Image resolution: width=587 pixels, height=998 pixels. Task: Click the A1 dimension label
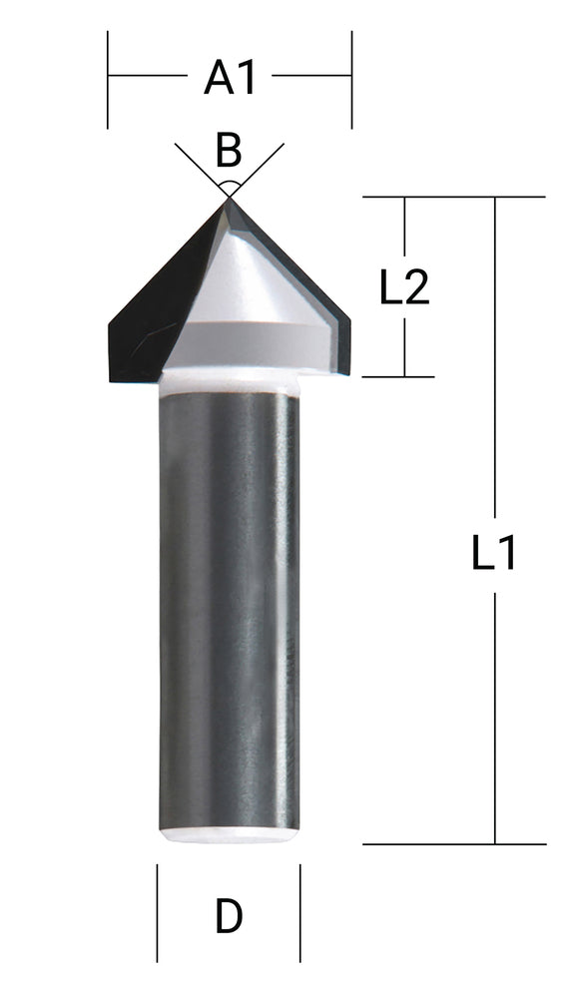click(230, 77)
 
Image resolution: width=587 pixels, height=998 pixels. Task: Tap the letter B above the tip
click(229, 152)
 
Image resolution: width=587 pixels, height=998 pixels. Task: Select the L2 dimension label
click(404, 288)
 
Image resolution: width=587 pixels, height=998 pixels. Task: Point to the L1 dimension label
click(494, 551)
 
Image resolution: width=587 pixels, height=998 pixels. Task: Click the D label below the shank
click(229, 916)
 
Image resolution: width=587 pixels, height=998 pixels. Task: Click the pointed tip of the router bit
click(229, 200)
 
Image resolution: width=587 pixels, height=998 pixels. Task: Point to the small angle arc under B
click(229, 186)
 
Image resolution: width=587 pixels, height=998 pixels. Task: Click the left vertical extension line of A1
click(108, 80)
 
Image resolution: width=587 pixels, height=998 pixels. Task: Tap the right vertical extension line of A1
click(351, 80)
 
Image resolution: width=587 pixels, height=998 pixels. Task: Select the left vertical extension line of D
click(157, 913)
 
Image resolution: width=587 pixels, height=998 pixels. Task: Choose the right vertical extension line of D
click(300, 913)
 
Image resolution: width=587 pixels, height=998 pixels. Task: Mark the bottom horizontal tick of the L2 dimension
click(399, 377)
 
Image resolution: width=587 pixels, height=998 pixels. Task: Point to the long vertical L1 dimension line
click(495, 699)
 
